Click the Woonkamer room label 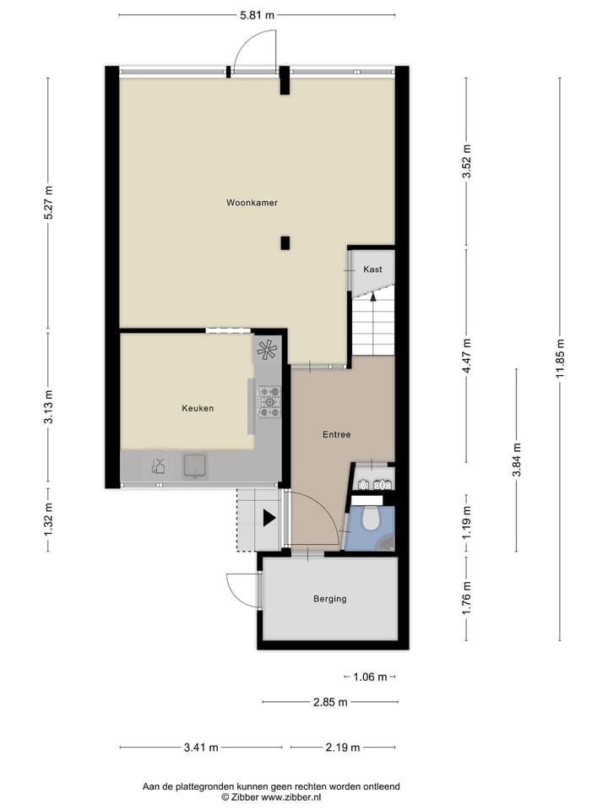[x=252, y=203]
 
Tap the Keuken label [x=198, y=408]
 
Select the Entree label [x=336, y=434]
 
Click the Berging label [x=329, y=599]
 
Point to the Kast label [x=372, y=269]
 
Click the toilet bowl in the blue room [x=371, y=519]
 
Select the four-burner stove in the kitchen [x=269, y=402]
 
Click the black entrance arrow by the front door [x=269, y=518]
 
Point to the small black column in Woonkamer [x=285, y=243]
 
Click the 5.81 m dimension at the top [x=258, y=15]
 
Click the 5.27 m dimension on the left [x=48, y=203]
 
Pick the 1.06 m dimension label [x=370, y=677]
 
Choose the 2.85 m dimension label [x=330, y=701]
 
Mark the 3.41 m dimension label [x=201, y=747]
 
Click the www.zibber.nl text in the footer [x=290, y=797]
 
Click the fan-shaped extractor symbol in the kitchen [x=266, y=349]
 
